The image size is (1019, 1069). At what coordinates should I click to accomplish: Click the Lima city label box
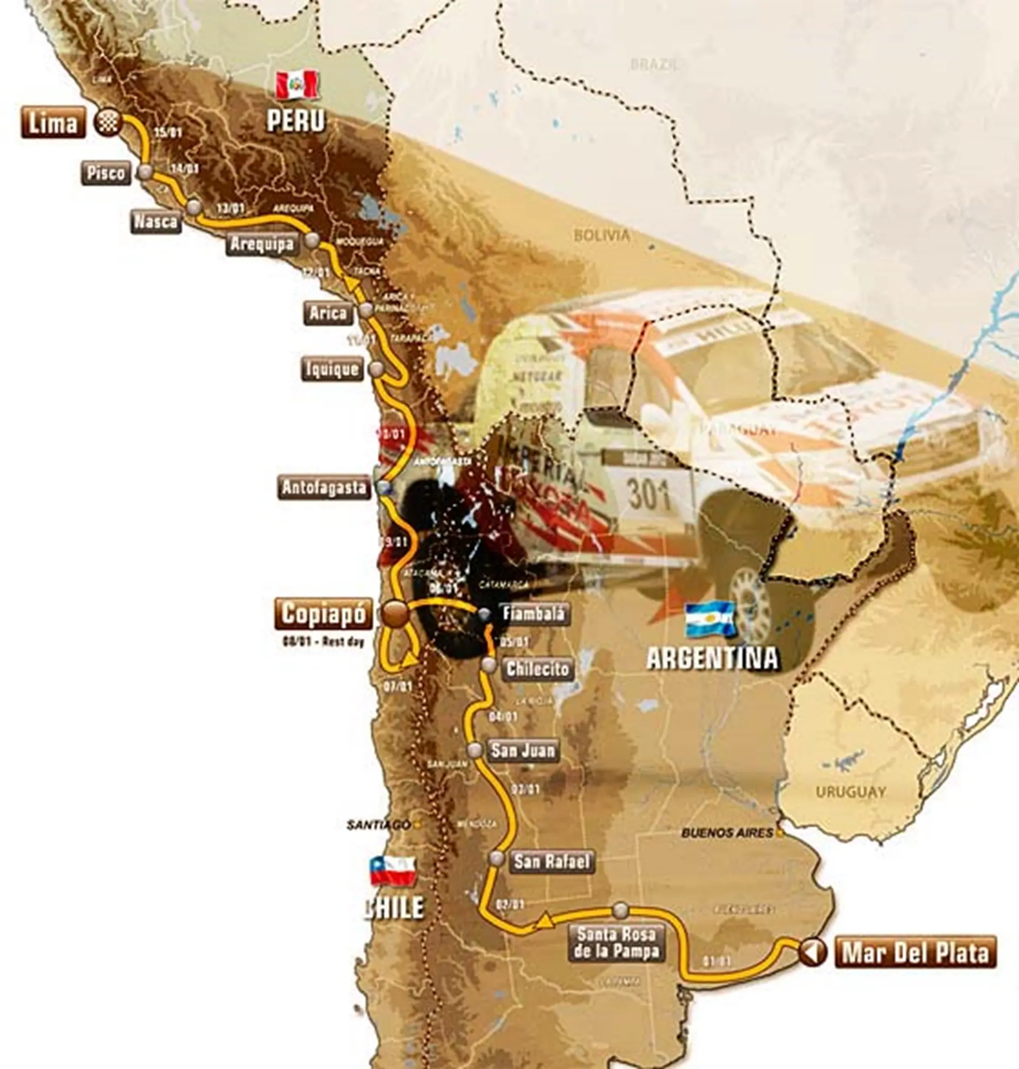coord(53,122)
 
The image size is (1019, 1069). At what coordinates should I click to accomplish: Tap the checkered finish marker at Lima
coord(107,122)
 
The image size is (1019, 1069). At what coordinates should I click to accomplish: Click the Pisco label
coord(107,173)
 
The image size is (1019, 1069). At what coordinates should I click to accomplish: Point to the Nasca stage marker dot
coord(194,207)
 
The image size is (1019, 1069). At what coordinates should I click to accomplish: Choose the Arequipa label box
coord(262,244)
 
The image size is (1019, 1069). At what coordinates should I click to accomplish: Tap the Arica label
coord(328,313)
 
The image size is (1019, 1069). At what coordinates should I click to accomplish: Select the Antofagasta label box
coord(324,488)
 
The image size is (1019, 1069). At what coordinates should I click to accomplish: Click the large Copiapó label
coord(324,614)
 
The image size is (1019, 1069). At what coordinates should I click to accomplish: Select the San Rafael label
coord(552,861)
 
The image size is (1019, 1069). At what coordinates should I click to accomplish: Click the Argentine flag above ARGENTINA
coord(710,620)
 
